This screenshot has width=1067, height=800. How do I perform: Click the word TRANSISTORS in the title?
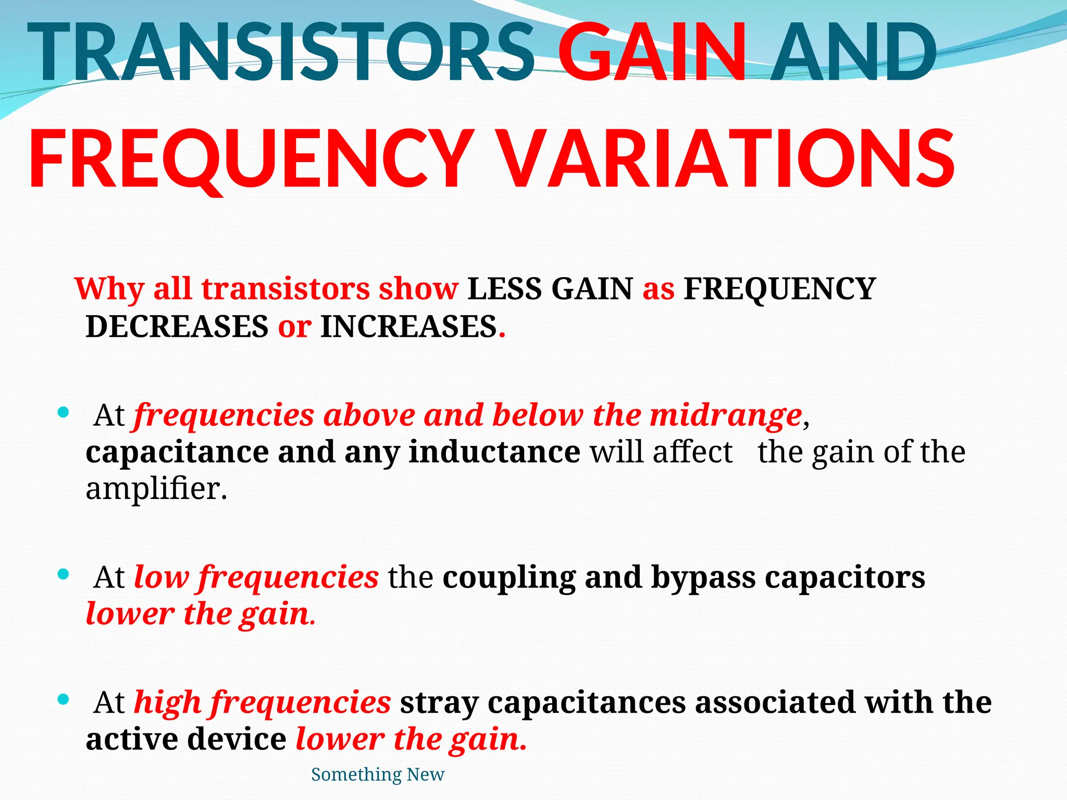pos(281,52)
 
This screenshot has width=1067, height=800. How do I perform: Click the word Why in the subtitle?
pos(109,289)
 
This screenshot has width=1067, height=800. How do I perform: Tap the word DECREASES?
pos(177,327)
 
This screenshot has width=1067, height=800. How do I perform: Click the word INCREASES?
pos(408,327)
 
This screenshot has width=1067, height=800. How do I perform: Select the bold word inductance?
pos(494,452)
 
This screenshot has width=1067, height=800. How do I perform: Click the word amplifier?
pos(156,489)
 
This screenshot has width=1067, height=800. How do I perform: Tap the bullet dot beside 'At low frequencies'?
pos(63,574)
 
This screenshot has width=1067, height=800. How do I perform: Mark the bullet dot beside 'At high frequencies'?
pos(63,699)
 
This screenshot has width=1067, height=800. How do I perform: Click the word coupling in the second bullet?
pos(509,578)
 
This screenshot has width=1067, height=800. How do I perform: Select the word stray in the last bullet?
pos(439,703)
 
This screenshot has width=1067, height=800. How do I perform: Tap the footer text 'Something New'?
pos(378,774)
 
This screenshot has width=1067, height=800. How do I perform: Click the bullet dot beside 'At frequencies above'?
pos(63,413)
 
